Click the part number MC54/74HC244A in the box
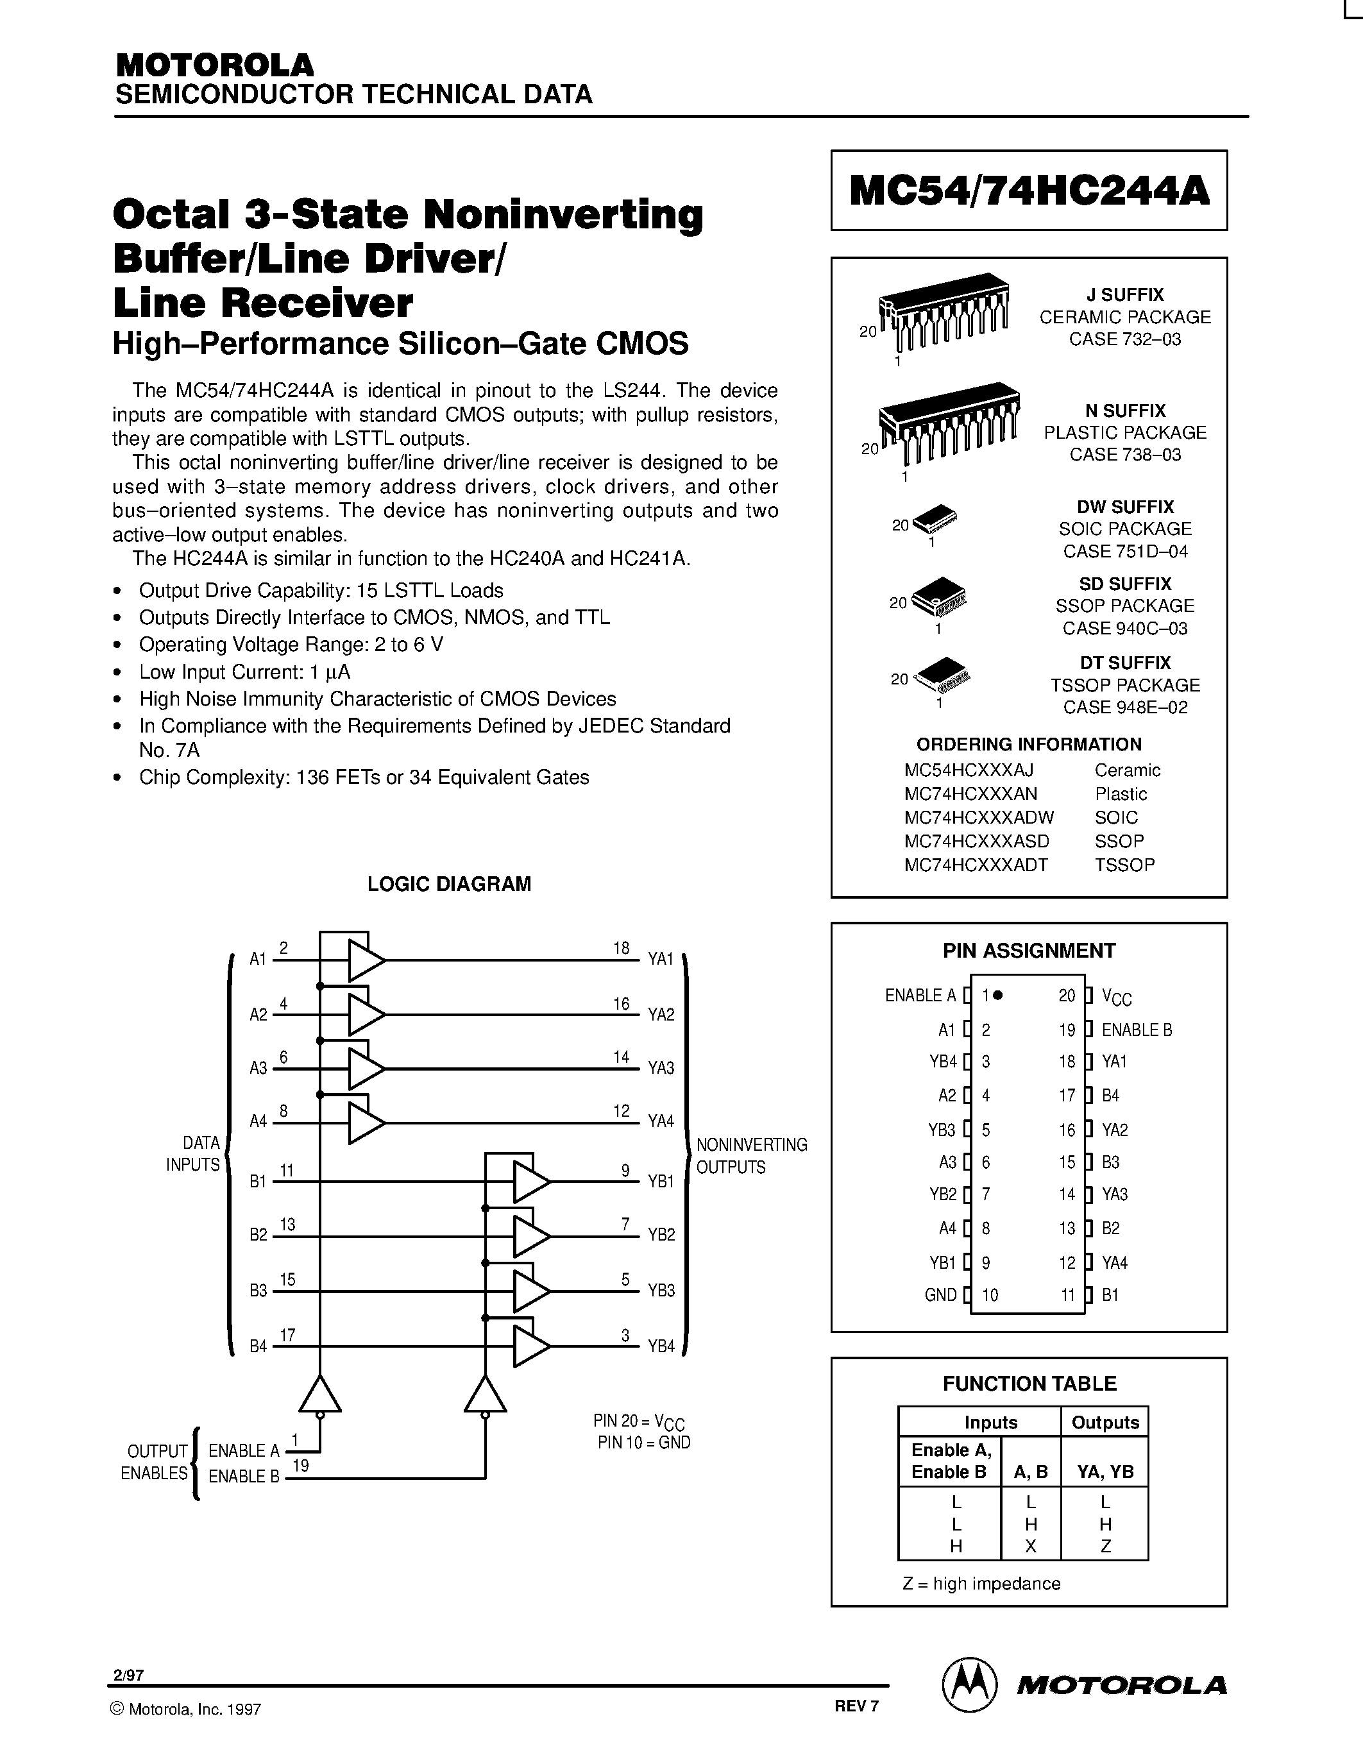point(1029,191)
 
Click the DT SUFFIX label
point(1125,663)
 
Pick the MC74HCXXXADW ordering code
point(979,817)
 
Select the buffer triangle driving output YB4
point(530,1346)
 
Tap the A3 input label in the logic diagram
point(258,1069)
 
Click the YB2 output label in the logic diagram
point(661,1235)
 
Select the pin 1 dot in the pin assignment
point(998,995)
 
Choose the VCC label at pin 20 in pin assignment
point(1117,998)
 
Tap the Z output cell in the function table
point(1105,1546)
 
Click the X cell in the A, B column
point(1030,1546)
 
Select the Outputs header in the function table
point(1105,1422)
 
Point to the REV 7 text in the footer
point(856,1706)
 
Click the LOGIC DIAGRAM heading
point(449,884)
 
